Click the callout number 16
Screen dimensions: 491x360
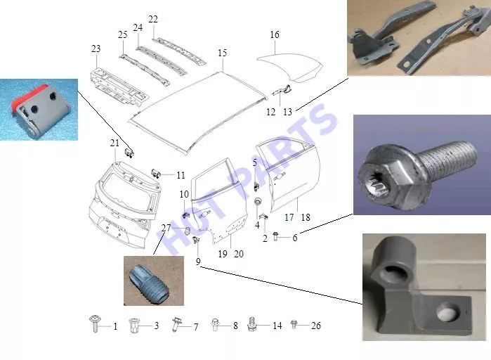(x=275, y=34)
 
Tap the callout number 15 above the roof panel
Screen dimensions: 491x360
(x=223, y=53)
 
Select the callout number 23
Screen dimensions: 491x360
(x=96, y=49)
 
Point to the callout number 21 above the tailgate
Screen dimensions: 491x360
(x=114, y=143)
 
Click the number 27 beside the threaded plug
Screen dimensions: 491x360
(x=166, y=228)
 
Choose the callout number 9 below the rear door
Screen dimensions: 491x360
(x=198, y=262)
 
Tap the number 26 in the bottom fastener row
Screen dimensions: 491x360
(x=316, y=326)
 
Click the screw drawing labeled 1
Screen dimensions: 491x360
(x=96, y=323)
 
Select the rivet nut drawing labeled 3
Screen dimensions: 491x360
(x=133, y=326)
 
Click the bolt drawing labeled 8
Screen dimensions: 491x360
(x=215, y=324)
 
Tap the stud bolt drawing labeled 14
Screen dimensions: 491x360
(x=251, y=323)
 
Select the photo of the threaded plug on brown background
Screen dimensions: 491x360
(x=154, y=281)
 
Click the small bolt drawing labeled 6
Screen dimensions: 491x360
(x=275, y=236)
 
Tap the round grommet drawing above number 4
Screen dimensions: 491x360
(x=258, y=201)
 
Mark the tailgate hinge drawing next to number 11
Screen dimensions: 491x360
(x=156, y=173)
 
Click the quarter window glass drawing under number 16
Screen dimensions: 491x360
(x=290, y=67)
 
